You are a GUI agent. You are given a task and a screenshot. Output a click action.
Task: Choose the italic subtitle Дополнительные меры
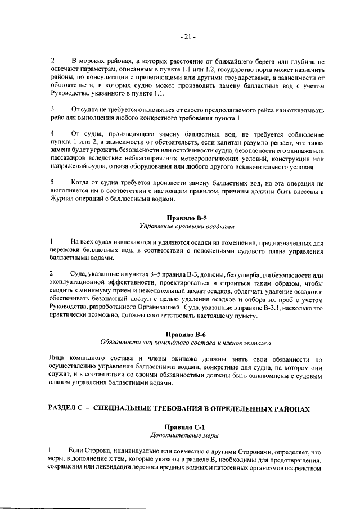coord(186,435)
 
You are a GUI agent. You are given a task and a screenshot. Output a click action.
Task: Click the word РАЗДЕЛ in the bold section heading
coord(67,409)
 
